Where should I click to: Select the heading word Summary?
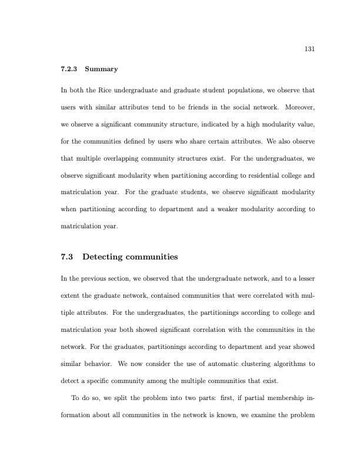(x=101, y=69)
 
